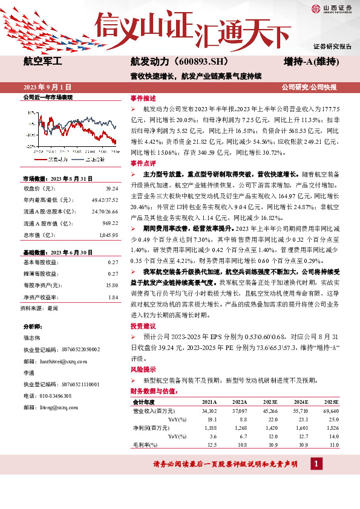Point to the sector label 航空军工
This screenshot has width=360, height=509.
[x=42, y=62]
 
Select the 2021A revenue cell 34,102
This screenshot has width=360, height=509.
[x=209, y=410]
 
